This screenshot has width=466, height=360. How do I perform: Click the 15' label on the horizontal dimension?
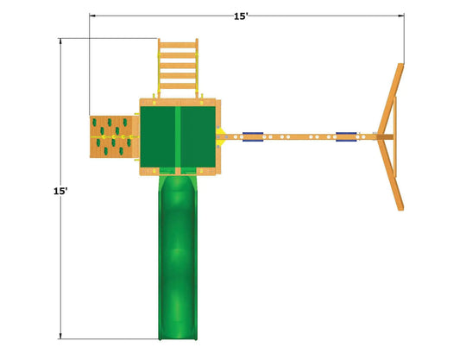click(x=241, y=16)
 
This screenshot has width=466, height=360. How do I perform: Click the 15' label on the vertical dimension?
click(x=60, y=191)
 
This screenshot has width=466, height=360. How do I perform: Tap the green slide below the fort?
click(x=178, y=257)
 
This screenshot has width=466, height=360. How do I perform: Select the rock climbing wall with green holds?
click(x=111, y=136)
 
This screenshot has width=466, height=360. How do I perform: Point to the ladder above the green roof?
click(x=178, y=68)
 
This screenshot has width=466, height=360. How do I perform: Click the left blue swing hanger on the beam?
click(x=253, y=136)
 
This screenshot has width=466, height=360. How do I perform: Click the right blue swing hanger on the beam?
click(x=346, y=136)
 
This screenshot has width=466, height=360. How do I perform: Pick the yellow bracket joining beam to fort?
click(x=220, y=137)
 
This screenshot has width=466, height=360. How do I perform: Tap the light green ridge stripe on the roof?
click(x=178, y=136)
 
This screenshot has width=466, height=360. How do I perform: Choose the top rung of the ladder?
click(x=178, y=45)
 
